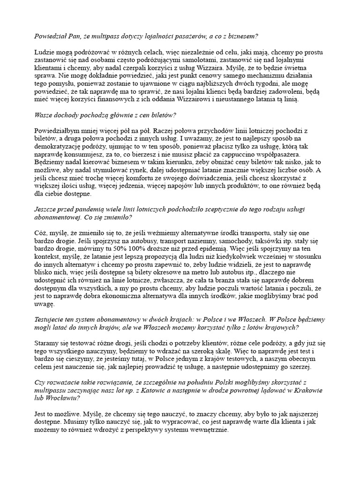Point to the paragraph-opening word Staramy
coord(48,343)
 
